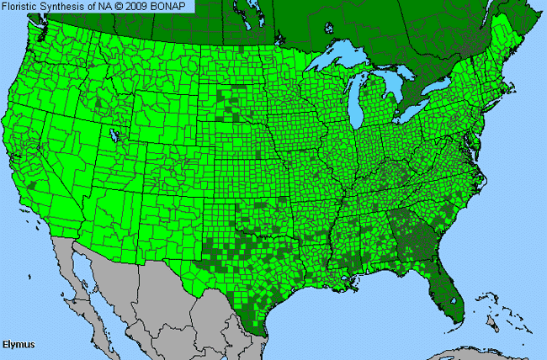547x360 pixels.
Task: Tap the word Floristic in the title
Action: [24, 7]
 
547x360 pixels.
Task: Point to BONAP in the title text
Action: [174, 7]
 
